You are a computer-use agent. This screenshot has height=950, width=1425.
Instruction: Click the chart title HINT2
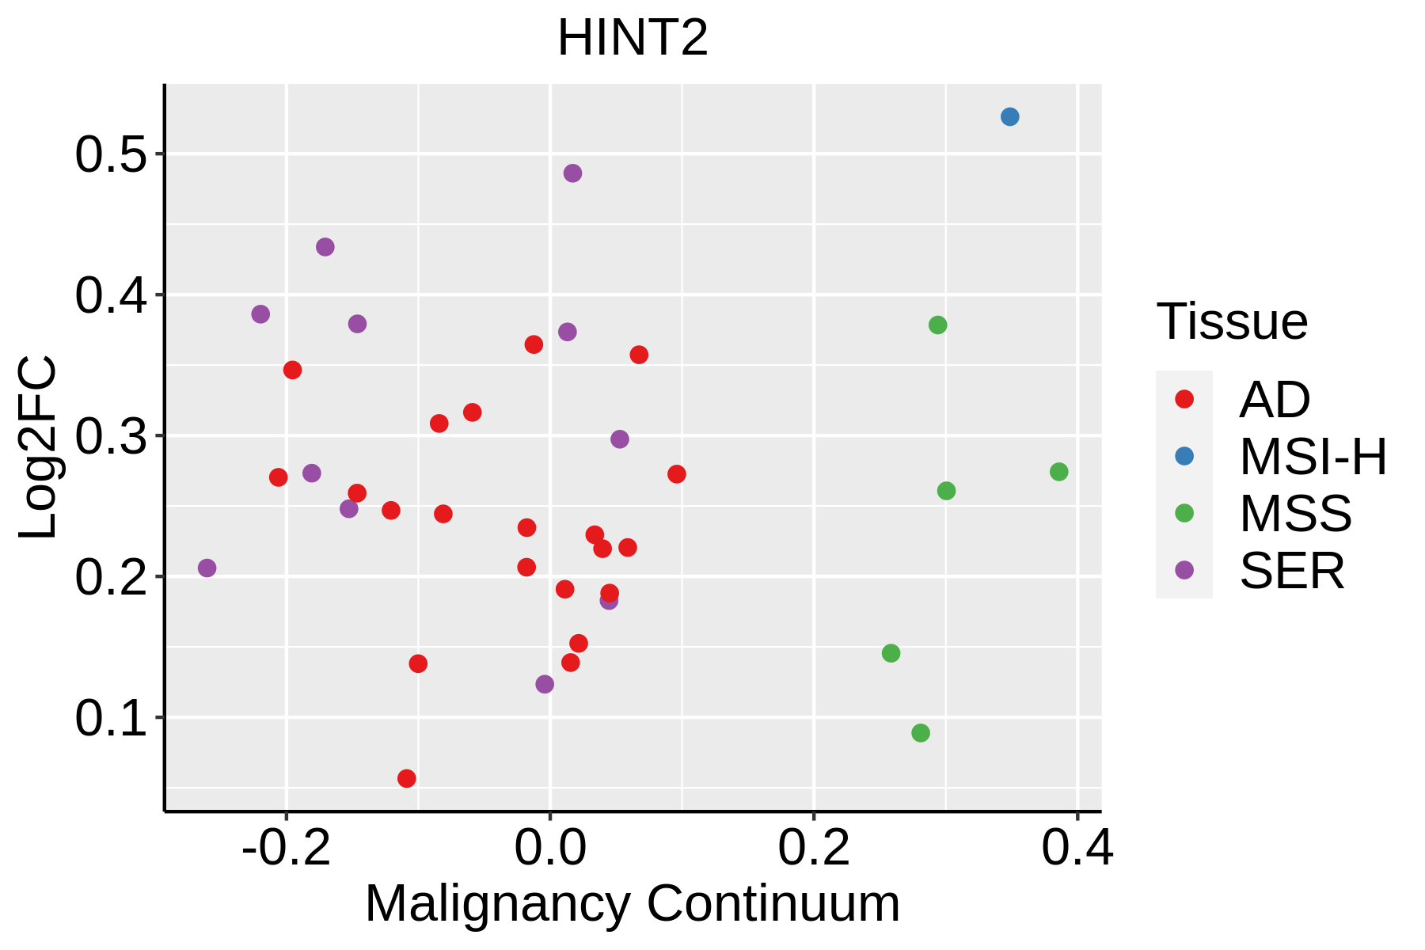click(x=633, y=38)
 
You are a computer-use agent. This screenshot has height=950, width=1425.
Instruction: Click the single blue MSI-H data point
click(x=1009, y=117)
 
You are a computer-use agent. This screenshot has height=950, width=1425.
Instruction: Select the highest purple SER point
click(x=572, y=173)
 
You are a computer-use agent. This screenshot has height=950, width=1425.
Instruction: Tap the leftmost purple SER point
click(x=207, y=568)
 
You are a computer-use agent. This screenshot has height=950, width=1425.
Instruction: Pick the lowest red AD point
click(x=407, y=778)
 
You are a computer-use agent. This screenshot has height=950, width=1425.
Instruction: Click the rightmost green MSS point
click(x=1058, y=472)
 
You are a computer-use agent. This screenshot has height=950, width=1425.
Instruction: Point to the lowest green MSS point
click(x=920, y=733)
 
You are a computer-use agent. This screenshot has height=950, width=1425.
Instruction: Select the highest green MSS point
click(x=937, y=325)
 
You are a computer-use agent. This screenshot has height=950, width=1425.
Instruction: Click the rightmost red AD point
click(x=676, y=474)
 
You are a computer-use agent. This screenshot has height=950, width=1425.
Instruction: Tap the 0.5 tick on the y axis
click(x=111, y=154)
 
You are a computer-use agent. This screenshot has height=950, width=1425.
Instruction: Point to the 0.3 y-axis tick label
click(x=111, y=436)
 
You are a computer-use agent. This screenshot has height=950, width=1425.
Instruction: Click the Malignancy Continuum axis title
click(x=632, y=903)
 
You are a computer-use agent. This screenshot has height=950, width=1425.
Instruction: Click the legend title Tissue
click(x=1232, y=321)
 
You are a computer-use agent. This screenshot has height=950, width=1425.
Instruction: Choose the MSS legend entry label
click(x=1295, y=513)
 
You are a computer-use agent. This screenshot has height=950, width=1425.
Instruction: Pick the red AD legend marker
click(x=1184, y=399)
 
